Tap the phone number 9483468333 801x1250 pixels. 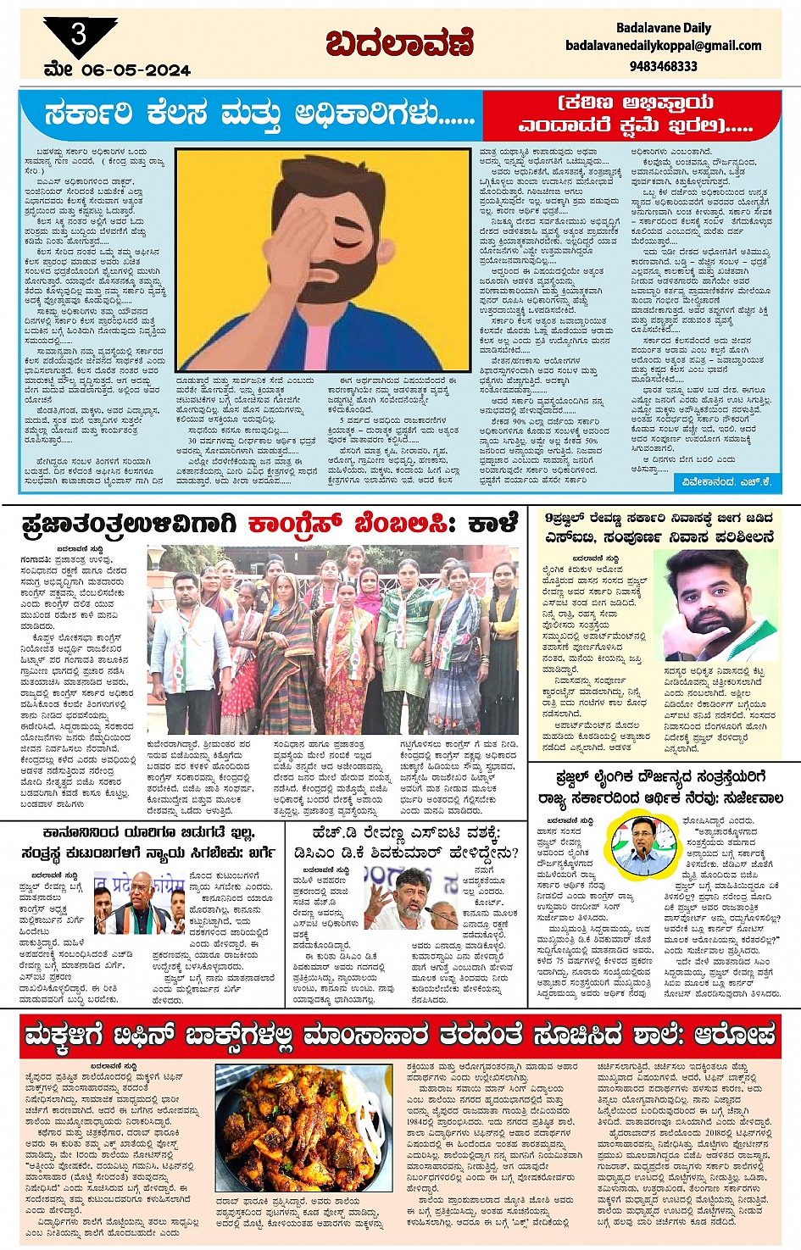tap(663, 65)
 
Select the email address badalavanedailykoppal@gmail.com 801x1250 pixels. tap(663, 46)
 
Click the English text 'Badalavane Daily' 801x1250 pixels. tap(663, 28)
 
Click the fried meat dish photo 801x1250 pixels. tap(303, 1127)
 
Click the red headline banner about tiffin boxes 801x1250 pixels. tap(400, 1035)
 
